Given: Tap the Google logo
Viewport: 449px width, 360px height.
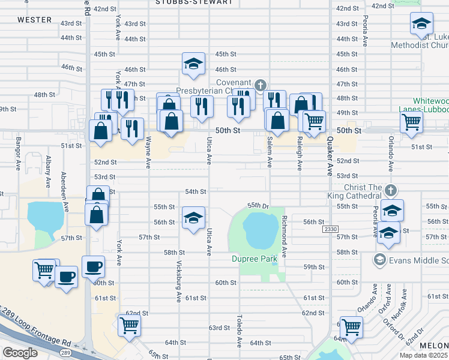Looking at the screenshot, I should click(x=20, y=353).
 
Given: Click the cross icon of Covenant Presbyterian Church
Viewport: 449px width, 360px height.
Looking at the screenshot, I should click(x=260, y=85).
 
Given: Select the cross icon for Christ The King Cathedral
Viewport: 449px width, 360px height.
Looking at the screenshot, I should click(x=391, y=190).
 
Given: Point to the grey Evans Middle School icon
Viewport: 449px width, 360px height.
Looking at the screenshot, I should click(x=379, y=260).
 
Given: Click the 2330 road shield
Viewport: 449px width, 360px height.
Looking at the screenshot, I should click(x=330, y=229).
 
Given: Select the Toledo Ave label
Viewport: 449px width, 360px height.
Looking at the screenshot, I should click(x=238, y=332).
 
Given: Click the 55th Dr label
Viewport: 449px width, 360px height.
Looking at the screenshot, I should click(x=256, y=205).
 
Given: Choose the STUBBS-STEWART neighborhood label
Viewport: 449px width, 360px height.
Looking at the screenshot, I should click(x=193, y=2).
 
